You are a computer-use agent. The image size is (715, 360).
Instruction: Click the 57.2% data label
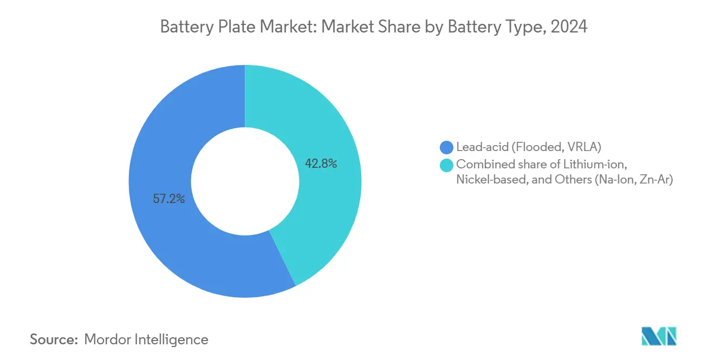click(169, 199)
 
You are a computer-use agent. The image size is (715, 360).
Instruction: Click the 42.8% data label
click(321, 163)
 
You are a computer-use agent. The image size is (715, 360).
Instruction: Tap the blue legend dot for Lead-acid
click(447, 147)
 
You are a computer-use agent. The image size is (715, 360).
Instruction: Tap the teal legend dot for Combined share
click(447, 165)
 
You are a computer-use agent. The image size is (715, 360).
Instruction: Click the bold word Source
click(54, 339)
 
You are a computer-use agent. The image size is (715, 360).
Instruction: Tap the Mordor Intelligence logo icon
click(659, 336)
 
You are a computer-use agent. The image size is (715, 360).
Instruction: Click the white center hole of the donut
click(245, 181)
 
